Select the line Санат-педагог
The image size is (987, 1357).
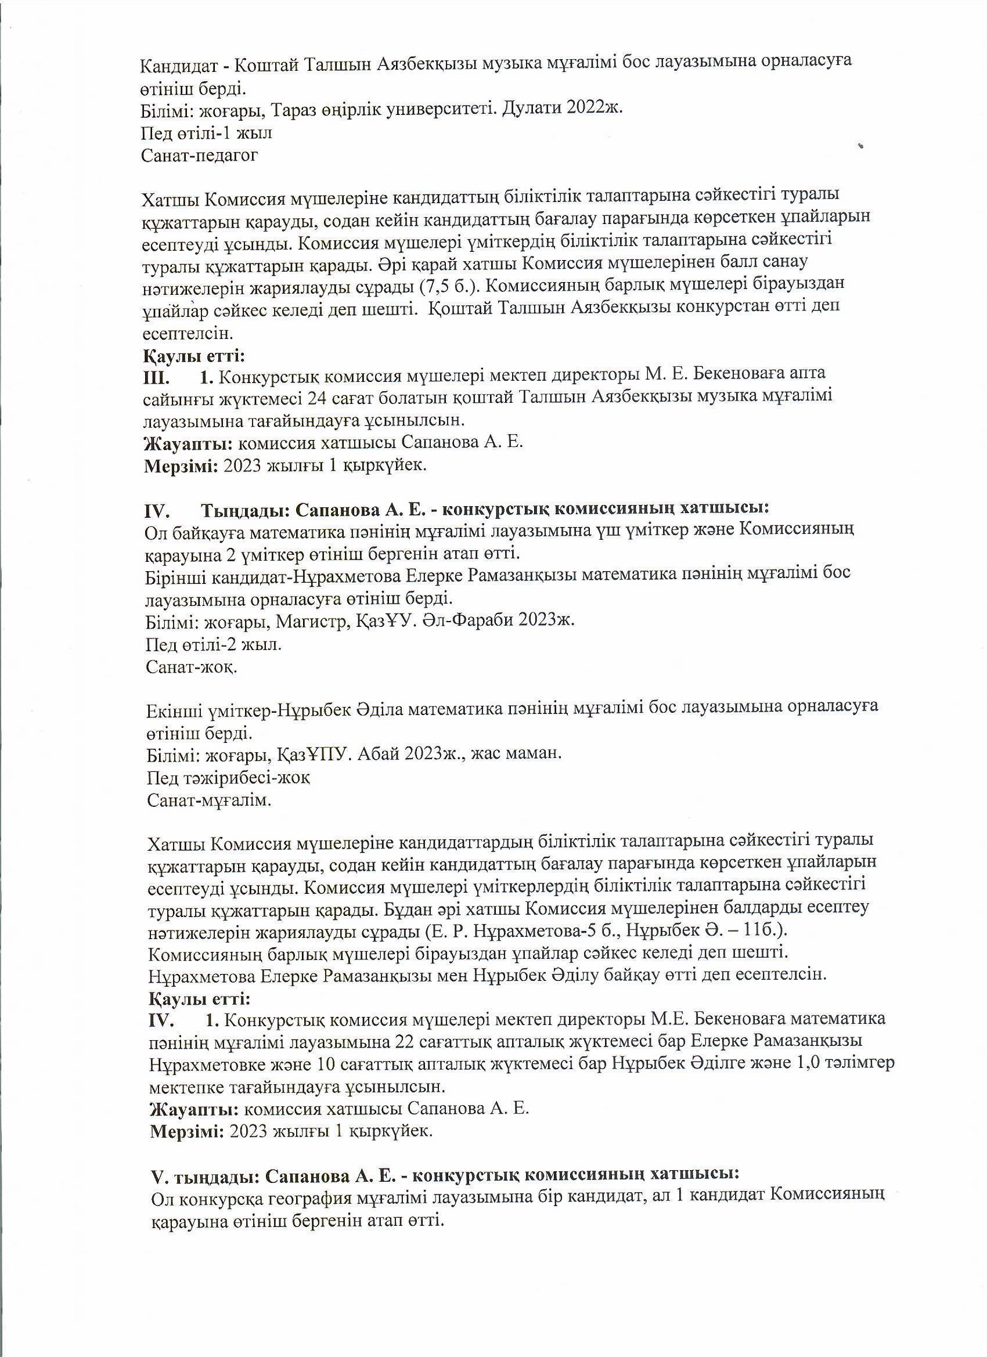coord(200,156)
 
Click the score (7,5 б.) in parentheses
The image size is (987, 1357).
coord(446,284)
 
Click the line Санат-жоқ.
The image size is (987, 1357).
coord(192,667)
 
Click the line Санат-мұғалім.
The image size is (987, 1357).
coord(209,800)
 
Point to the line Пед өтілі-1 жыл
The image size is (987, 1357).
coord(207,132)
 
